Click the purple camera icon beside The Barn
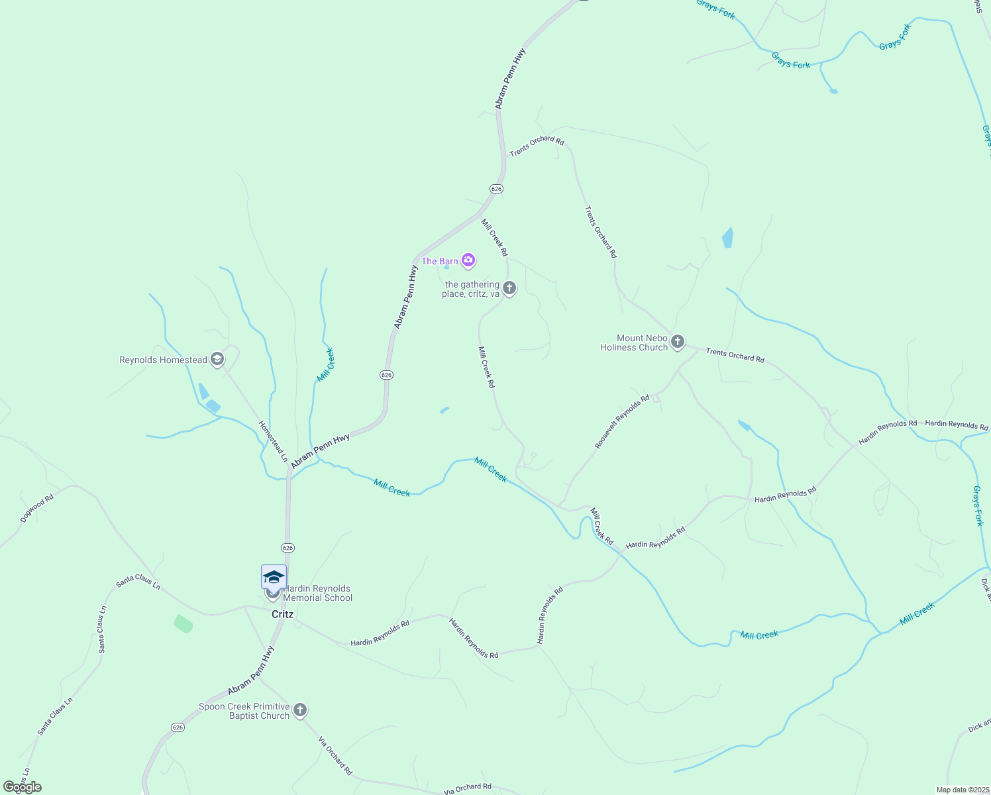click(468, 260)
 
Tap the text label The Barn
click(439, 261)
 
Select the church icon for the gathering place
click(509, 288)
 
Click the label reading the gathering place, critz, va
click(471, 290)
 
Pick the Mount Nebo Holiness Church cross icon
click(677, 342)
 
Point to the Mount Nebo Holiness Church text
click(634, 343)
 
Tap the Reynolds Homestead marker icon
click(217, 360)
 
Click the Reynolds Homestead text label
click(163, 360)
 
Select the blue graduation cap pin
click(274, 578)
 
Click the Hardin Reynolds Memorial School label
click(318, 593)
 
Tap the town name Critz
click(282, 614)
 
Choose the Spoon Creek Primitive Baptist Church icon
click(299, 710)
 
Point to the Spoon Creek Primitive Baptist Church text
click(244, 711)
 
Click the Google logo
click(22, 787)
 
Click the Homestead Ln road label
click(273, 441)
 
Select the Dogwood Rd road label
click(36, 508)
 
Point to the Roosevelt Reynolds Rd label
click(621, 423)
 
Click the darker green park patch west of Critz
click(183, 623)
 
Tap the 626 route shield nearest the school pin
click(287, 548)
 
